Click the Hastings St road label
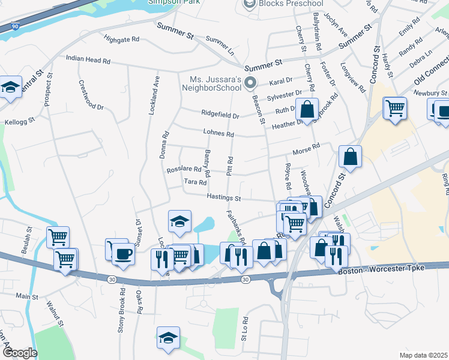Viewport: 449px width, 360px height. pos(223,197)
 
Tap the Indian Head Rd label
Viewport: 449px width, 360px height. pos(88,61)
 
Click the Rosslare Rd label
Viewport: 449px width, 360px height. pos(184,169)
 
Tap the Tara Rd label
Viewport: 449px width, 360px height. pos(195,182)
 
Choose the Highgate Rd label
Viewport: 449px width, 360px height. pos(121,39)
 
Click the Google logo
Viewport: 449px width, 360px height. pos(19,352)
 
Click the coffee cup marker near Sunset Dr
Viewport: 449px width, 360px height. pos(123,254)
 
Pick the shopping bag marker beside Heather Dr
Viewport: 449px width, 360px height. pos(307,110)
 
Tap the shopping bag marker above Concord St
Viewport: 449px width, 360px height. pos(350,157)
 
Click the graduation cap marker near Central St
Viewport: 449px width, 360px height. pos(10,88)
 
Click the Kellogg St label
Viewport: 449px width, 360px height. pos(20,122)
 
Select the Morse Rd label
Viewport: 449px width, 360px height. pos(306,148)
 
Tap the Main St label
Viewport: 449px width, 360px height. pos(27,296)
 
